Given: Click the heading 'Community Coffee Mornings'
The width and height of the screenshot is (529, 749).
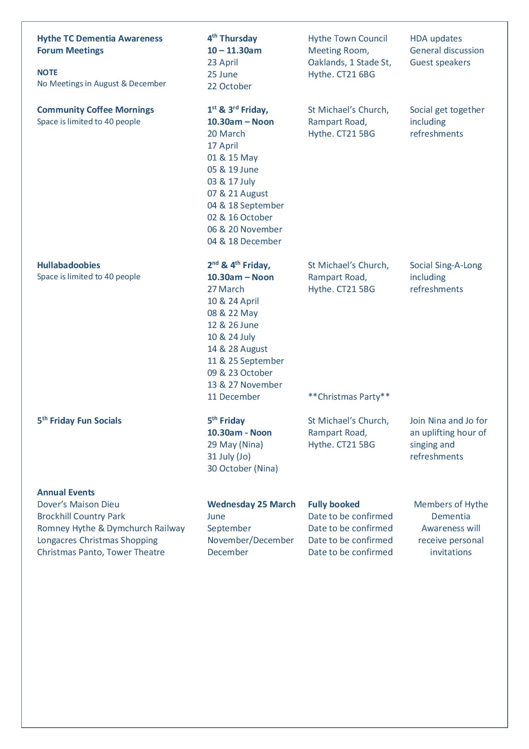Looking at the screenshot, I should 95,110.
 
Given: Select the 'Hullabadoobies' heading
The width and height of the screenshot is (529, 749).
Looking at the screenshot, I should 69,265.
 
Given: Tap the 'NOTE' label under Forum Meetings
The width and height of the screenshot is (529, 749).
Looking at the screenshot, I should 47,72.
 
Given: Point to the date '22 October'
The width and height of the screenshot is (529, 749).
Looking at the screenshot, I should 229,86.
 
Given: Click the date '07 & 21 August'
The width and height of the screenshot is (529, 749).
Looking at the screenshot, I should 238,193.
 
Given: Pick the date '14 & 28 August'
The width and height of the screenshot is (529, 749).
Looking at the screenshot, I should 238,349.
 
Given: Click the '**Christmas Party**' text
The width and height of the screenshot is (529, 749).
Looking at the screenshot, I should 349,397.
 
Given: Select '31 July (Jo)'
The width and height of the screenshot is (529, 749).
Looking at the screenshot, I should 229,456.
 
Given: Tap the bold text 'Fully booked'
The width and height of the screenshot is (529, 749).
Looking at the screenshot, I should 334,504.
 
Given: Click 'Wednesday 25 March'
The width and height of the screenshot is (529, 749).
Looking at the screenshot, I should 251,504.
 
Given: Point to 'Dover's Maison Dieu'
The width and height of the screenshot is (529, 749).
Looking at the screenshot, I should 78,504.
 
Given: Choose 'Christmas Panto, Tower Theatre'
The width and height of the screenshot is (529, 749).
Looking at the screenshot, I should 101,552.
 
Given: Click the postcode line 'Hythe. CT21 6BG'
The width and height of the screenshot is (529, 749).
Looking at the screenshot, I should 341,74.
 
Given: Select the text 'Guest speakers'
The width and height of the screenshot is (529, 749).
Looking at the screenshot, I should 440,62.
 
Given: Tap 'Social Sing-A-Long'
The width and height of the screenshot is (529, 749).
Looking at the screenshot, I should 445,265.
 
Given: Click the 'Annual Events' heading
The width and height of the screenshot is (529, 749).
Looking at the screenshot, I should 66,492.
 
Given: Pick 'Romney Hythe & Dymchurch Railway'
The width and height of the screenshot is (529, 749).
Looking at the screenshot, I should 111,528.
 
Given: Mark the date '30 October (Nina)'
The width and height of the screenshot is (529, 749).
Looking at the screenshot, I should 242,468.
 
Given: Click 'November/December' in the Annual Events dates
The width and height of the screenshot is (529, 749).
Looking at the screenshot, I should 250,540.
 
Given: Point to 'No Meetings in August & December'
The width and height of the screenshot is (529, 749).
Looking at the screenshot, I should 102,84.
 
